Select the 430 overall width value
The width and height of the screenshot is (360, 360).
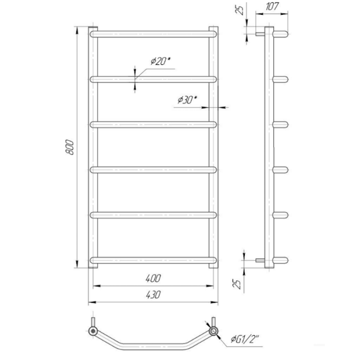coord(153,295)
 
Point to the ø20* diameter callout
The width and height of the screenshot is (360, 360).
coord(160,61)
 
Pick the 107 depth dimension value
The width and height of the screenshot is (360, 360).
coord(273,7)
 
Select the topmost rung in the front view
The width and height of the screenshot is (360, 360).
coord(153,34)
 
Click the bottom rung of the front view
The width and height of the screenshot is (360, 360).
coord(153,260)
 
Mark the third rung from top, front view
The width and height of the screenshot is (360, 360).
coord(153,124)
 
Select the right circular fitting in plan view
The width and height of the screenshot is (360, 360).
coord(213,330)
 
